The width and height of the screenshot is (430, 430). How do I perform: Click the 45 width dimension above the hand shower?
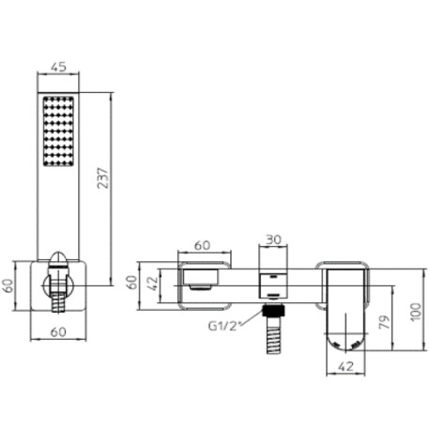pyautogui.click(x=57, y=66)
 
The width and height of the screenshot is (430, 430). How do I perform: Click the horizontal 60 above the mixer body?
pyautogui.click(x=203, y=245)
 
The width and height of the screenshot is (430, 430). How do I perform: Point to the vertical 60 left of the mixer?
pyautogui.click(x=133, y=281)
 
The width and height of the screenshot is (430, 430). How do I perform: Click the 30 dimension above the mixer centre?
pyautogui.click(x=272, y=240)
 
